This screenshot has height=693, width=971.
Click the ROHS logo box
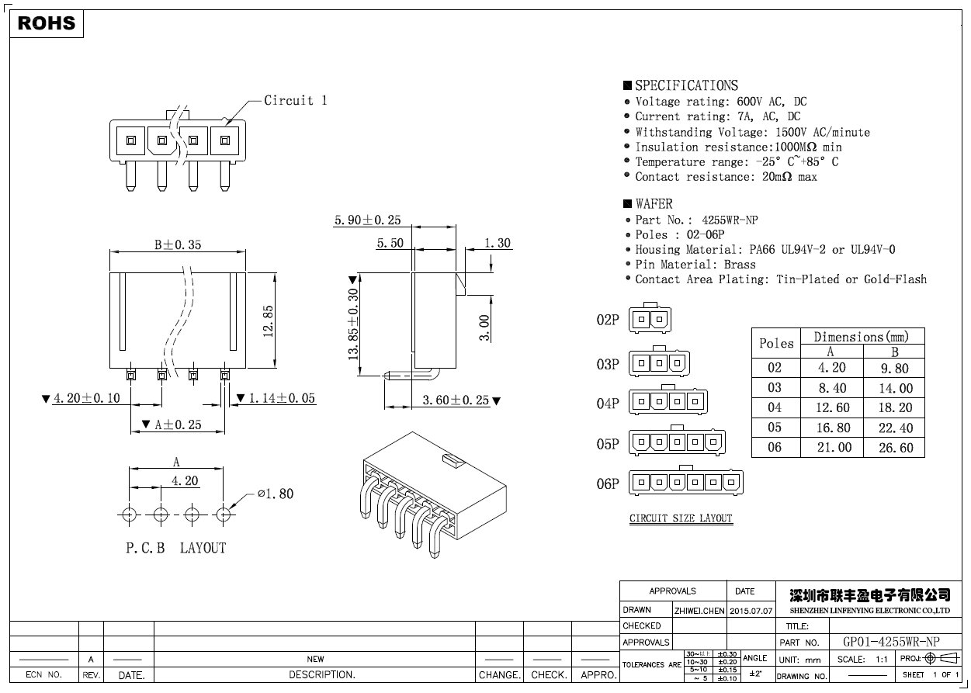[x=47, y=23]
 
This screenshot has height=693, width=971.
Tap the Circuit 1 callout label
[x=295, y=100]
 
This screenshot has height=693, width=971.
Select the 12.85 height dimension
[x=268, y=320]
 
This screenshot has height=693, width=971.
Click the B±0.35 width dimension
[x=177, y=244]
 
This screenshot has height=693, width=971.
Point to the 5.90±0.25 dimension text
[x=367, y=220]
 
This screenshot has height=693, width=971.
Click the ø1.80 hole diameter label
[x=275, y=494]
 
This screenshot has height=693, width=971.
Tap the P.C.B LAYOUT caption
[x=176, y=548]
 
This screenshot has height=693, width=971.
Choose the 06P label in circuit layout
[x=608, y=483]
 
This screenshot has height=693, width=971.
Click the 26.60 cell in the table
[x=895, y=448]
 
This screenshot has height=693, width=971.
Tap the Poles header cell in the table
[x=776, y=343]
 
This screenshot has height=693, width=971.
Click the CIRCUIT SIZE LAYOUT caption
[x=681, y=518]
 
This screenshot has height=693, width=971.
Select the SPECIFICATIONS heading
[x=686, y=85]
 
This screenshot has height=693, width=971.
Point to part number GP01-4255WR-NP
[x=890, y=642]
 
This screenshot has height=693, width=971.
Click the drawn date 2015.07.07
[x=751, y=611]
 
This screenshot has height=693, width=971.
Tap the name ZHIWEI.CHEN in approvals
[x=699, y=611]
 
